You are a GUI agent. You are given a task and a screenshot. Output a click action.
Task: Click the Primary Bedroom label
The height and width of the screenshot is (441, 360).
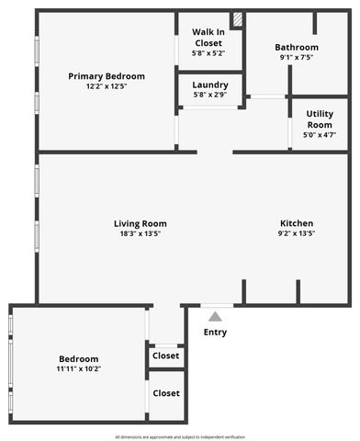(x=107, y=75)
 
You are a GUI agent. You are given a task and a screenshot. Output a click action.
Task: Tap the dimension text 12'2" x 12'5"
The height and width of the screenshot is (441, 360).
(x=107, y=87)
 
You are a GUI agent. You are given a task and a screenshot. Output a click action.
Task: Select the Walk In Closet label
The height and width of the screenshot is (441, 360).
(x=208, y=37)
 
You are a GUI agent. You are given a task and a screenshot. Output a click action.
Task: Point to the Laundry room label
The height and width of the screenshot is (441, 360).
(x=210, y=84)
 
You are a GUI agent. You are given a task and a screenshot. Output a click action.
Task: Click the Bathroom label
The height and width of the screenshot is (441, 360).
(x=297, y=48)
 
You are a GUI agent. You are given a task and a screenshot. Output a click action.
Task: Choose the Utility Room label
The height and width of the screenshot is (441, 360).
(x=320, y=119)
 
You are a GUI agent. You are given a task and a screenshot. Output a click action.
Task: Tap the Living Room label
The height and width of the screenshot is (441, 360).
(x=141, y=223)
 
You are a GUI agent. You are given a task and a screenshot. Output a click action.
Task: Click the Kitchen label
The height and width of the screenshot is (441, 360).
(x=297, y=223)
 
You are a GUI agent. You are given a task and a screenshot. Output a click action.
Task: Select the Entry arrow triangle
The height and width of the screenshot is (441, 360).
(x=215, y=316)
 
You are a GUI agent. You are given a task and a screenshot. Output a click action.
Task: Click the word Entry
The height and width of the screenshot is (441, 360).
(x=215, y=333)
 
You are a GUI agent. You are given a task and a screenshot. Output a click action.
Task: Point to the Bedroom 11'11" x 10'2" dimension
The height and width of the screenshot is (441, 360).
(x=79, y=369)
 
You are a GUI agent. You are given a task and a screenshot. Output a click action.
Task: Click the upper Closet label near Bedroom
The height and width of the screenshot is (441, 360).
(x=166, y=356)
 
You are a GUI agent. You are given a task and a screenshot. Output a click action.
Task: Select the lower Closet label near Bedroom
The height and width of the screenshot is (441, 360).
(x=166, y=393)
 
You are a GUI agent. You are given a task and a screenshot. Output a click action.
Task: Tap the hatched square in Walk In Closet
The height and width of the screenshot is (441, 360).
(x=237, y=18)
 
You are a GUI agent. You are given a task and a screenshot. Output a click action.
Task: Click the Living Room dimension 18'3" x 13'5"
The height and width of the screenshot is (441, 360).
(x=141, y=234)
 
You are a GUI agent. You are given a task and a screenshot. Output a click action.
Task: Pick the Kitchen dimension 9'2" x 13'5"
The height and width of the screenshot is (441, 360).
(x=297, y=234)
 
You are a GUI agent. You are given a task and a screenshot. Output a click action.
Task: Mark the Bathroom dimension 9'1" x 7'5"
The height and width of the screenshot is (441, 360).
(x=297, y=58)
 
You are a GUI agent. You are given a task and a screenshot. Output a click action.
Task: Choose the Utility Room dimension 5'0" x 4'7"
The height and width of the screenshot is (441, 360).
(x=320, y=135)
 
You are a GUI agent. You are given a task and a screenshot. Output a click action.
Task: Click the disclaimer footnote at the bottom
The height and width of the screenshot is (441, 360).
(x=180, y=435)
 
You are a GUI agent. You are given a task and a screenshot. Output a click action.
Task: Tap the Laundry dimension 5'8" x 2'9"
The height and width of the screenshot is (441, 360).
(x=210, y=95)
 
